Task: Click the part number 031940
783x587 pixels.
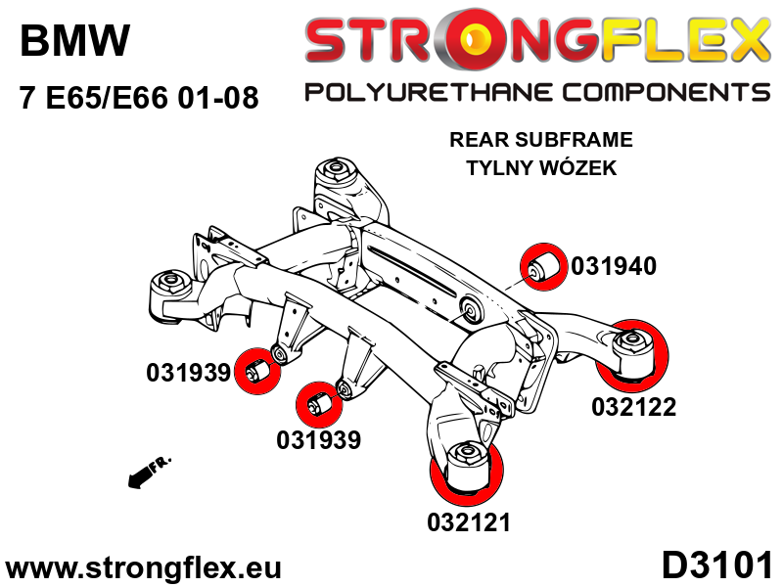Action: [614, 265]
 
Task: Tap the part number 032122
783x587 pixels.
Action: [633, 407]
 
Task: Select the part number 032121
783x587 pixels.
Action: [469, 522]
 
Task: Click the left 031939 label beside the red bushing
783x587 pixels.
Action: [188, 373]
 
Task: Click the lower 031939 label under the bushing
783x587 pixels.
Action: [318, 441]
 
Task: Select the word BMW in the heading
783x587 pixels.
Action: [74, 41]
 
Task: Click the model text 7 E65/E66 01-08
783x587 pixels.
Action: [138, 99]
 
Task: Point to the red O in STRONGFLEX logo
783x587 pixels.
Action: [483, 40]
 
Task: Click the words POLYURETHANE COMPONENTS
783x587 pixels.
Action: [537, 93]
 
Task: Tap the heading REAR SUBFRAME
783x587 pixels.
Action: [541, 140]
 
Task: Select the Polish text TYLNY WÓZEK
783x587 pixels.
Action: [541, 168]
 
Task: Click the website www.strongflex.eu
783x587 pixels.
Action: [144, 568]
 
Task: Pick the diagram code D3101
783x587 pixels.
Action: [717, 566]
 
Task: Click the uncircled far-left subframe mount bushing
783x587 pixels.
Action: [168, 287]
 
